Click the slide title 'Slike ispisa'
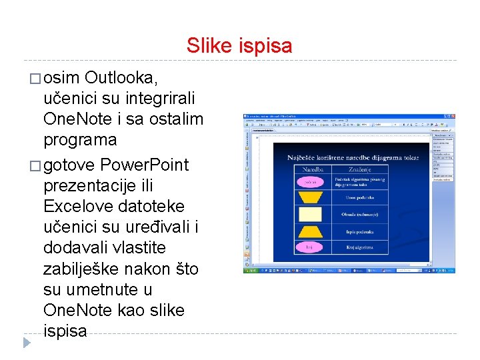click(x=239, y=45)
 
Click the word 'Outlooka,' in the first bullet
click(x=122, y=78)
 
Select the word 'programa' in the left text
click(x=80, y=141)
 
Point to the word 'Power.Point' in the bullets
click(x=143, y=164)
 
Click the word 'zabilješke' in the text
click(x=81, y=269)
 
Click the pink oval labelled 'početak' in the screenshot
click(x=310, y=181)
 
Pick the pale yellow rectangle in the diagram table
click(x=310, y=214)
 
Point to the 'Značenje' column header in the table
click(x=359, y=170)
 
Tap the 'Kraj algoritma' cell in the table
click(x=359, y=247)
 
